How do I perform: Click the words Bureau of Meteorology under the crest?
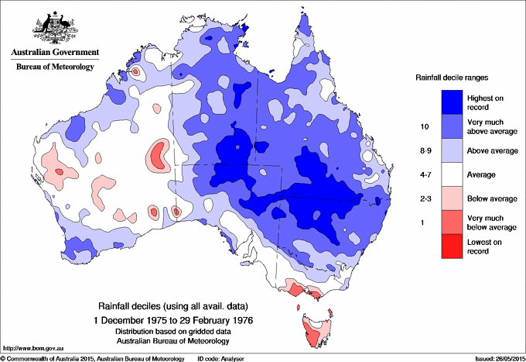click(x=54, y=67)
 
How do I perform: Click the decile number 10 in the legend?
click(x=423, y=125)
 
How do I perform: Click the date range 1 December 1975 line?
click(x=174, y=319)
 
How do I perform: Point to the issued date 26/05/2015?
click(x=497, y=358)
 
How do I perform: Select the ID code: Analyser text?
click(x=222, y=358)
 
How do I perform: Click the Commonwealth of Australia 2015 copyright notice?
click(x=93, y=358)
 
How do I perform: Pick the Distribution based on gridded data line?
click(x=174, y=331)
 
